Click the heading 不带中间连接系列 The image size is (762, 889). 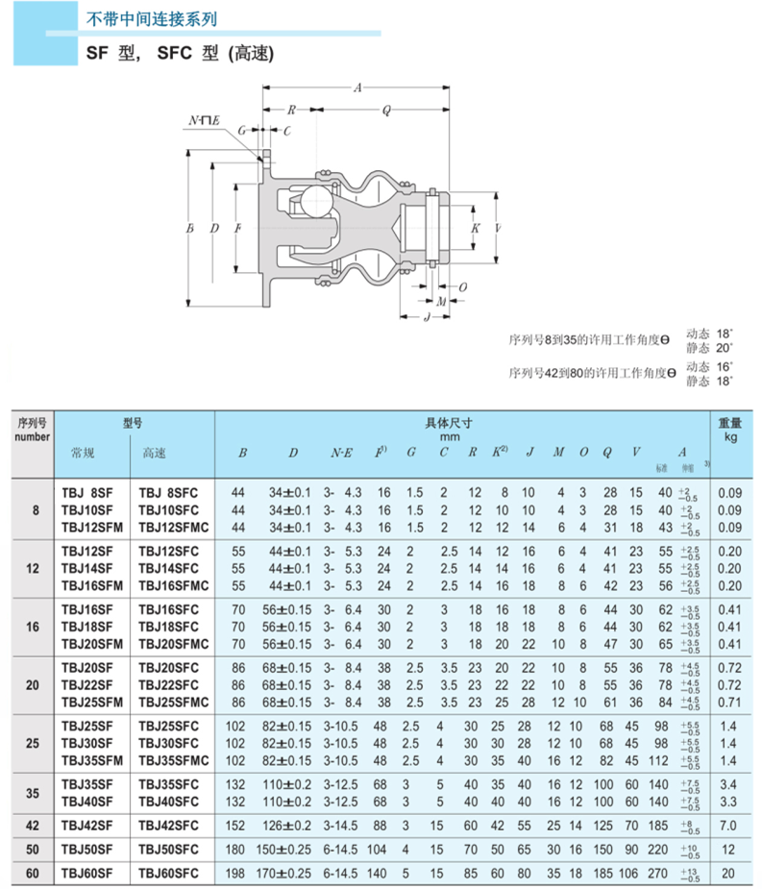pyautogui.click(x=146, y=18)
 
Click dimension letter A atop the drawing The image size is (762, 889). pyautogui.click(x=357, y=88)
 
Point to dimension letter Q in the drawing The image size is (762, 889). pyautogui.click(x=386, y=111)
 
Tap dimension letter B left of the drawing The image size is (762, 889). pyautogui.click(x=189, y=229)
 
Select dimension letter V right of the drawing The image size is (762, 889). pyautogui.click(x=497, y=229)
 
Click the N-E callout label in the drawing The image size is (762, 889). pyautogui.click(x=204, y=119)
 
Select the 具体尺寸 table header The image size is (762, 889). pyautogui.click(x=448, y=423)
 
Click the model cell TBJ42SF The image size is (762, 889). pyautogui.click(x=87, y=825)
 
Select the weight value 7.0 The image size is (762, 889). pyautogui.click(x=729, y=825)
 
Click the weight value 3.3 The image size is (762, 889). pyautogui.click(x=729, y=802)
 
